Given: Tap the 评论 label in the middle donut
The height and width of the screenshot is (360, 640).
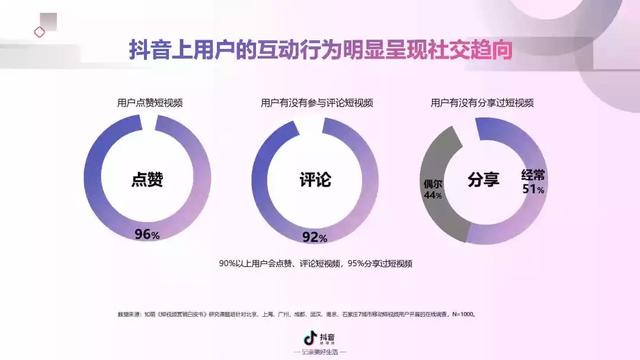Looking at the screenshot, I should pyautogui.click(x=315, y=181).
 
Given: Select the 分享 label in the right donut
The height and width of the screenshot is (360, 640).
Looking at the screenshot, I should pyautogui.click(x=483, y=181).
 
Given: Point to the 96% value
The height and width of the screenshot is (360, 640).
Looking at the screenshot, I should pyautogui.click(x=147, y=235).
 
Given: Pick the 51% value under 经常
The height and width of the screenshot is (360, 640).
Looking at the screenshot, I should pyautogui.click(x=532, y=189).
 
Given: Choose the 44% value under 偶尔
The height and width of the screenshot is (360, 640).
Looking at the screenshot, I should pyautogui.click(x=432, y=196).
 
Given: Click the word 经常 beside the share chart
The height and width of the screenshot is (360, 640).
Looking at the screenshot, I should pyautogui.click(x=532, y=175).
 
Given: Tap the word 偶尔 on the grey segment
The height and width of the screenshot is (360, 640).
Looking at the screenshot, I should pyautogui.click(x=433, y=184).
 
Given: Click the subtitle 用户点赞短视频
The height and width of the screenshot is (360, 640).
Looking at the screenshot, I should pyautogui.click(x=149, y=102).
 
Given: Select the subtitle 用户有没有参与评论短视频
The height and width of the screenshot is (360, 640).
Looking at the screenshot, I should pyautogui.click(x=316, y=102).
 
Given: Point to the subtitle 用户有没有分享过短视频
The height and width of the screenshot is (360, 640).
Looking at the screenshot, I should pyautogui.click(x=484, y=102).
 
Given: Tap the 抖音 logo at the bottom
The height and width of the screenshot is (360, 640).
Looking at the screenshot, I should pyautogui.click(x=319, y=339).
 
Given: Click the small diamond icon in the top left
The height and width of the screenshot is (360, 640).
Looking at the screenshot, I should pyautogui.click(x=39, y=32).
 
